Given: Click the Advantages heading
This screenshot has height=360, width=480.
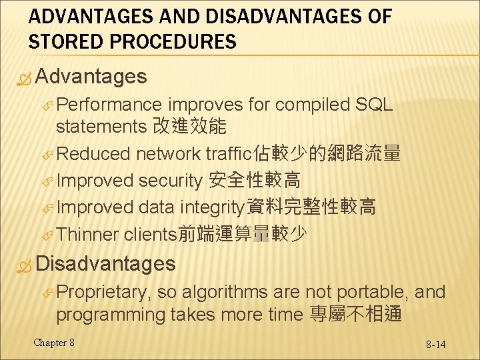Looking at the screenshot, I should pos(91,76).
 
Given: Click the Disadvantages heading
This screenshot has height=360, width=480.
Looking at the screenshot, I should pos(105,263).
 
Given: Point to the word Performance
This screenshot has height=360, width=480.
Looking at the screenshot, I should pos(109,105).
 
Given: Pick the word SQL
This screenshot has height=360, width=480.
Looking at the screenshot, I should pos(375,105).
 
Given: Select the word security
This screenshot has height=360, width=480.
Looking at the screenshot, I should pos(170,180).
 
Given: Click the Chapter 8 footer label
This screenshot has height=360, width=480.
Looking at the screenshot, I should pos(54,343).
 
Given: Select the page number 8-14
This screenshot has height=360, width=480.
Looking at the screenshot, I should pos(436,344).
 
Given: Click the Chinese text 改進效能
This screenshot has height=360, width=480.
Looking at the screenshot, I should pos(189,126).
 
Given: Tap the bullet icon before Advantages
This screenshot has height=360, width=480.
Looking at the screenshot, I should pos(25,77).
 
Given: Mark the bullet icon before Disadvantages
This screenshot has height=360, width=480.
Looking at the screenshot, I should pos(25,265).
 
